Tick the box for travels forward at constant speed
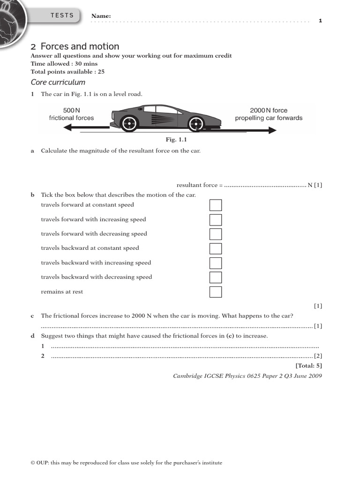(x=215, y=205)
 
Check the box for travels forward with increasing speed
(x=215, y=220)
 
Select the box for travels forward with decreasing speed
(x=215, y=234)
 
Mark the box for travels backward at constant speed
(x=215, y=248)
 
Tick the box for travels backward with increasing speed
(x=215, y=263)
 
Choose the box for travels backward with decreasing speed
(x=215, y=277)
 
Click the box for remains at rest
(x=215, y=292)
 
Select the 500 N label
(x=72, y=110)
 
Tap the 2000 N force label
(x=269, y=110)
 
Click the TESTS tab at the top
(x=62, y=15)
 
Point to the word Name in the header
(x=101, y=16)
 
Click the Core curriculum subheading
(x=58, y=82)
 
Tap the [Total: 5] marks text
(x=308, y=366)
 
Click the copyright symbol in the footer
(x=33, y=463)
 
